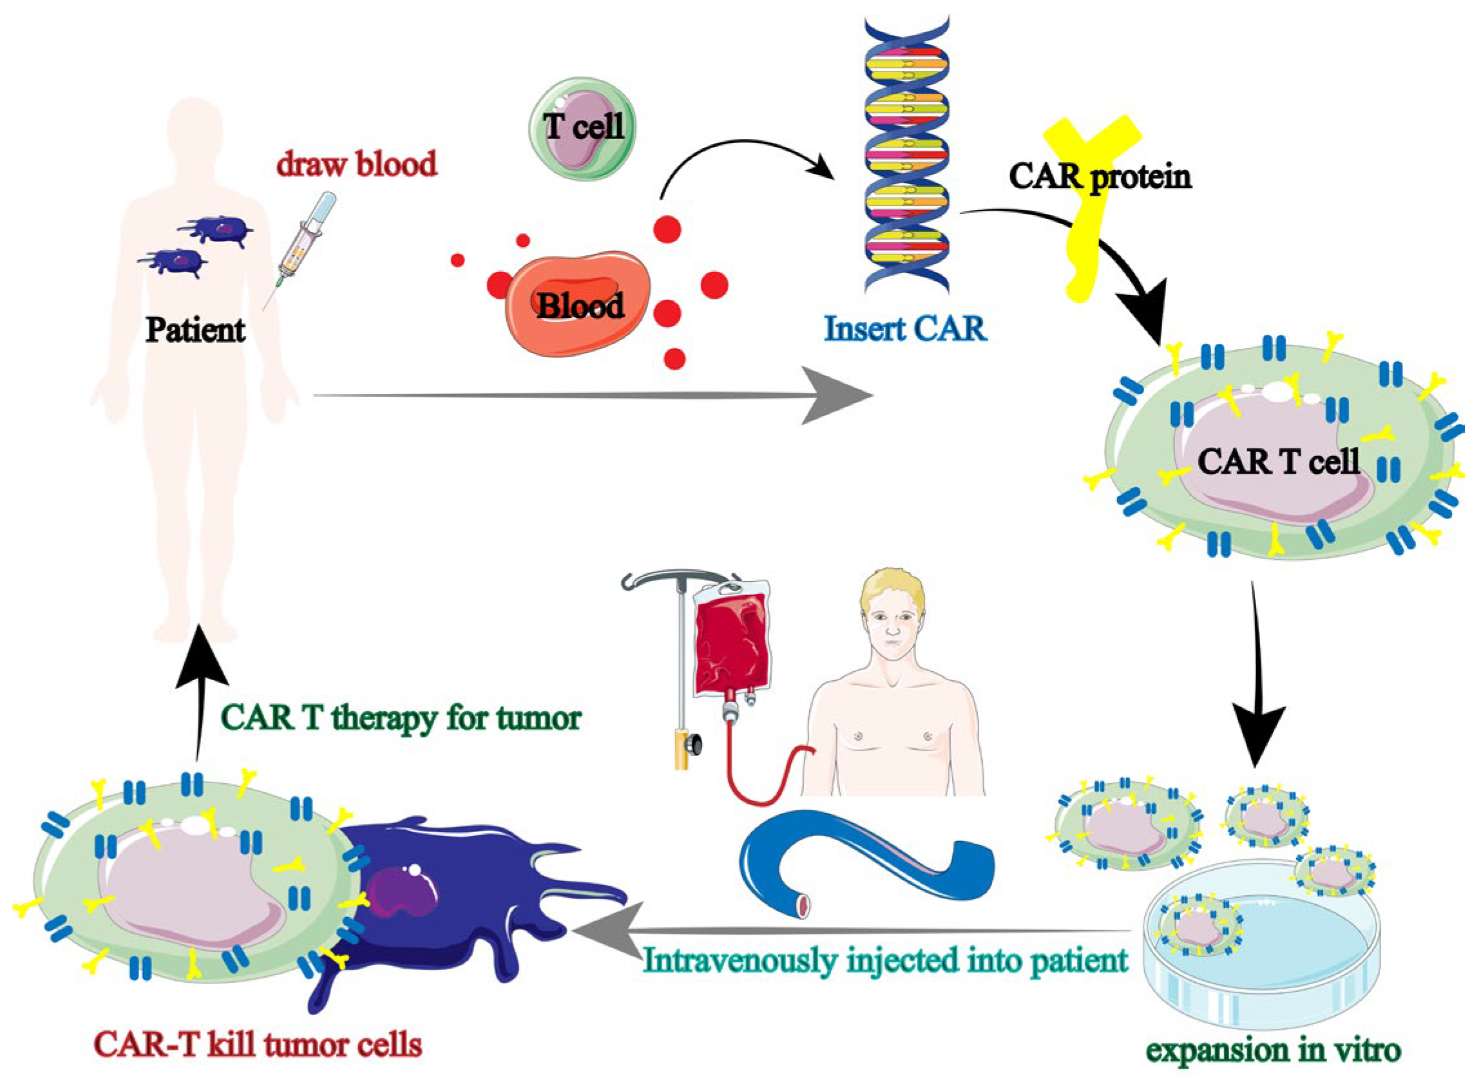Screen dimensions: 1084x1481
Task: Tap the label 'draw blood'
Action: click(356, 164)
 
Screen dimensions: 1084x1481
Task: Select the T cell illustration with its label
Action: click(582, 129)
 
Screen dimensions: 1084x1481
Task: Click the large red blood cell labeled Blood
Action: click(577, 303)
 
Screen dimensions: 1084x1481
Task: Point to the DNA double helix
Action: click(906, 158)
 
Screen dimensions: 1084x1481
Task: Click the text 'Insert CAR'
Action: click(906, 328)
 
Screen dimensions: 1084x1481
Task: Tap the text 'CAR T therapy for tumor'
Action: click(401, 718)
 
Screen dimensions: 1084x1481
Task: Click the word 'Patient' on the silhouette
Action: click(196, 329)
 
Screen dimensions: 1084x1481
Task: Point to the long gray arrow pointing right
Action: click(591, 395)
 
